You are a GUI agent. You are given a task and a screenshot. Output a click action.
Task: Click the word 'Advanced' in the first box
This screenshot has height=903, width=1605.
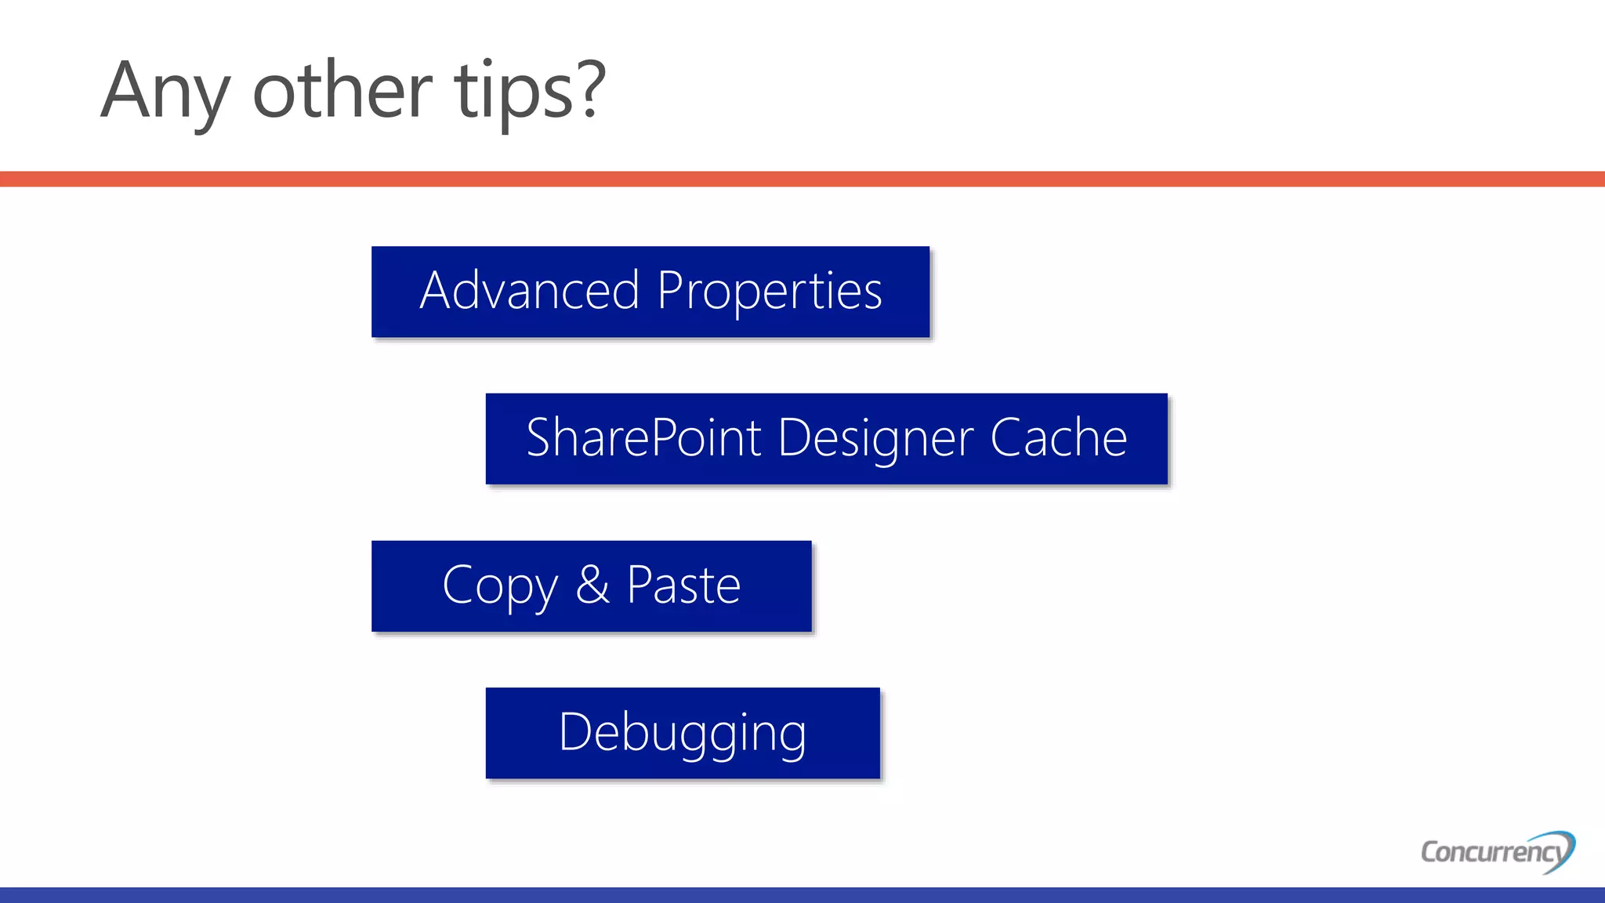(x=530, y=291)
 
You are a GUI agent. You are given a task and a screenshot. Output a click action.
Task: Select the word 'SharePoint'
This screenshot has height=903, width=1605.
(x=643, y=438)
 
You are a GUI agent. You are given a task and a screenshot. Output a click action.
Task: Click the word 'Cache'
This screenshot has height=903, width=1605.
(x=1058, y=438)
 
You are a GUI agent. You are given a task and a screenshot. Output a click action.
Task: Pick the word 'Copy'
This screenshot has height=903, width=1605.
(x=500, y=586)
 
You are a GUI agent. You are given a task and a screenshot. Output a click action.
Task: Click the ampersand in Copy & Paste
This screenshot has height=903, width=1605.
(x=592, y=585)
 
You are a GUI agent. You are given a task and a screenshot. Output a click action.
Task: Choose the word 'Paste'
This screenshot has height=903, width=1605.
(x=683, y=585)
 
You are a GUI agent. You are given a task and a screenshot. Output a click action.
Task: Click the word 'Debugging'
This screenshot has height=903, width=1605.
(x=683, y=733)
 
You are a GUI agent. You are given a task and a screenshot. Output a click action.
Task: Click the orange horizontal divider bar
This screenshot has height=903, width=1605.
(x=802, y=179)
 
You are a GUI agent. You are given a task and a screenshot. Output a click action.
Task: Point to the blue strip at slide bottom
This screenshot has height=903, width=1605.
(x=802, y=894)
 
